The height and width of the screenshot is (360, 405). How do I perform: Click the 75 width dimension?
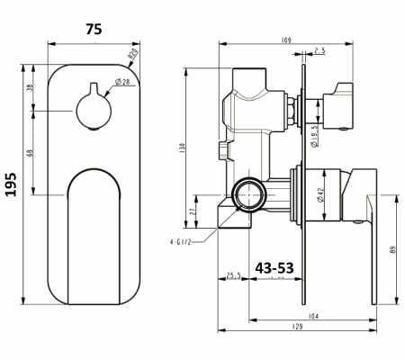tap(93, 29)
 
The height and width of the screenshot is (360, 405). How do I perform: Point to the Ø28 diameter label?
tap(120, 83)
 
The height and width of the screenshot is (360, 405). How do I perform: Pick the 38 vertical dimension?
tap(31, 87)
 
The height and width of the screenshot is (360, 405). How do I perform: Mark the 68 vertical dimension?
tap(31, 153)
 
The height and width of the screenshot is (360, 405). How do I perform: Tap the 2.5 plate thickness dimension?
tap(320, 51)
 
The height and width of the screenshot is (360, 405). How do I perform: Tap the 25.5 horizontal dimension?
tap(233, 275)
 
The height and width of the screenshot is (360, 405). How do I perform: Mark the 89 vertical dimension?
tap(393, 250)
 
